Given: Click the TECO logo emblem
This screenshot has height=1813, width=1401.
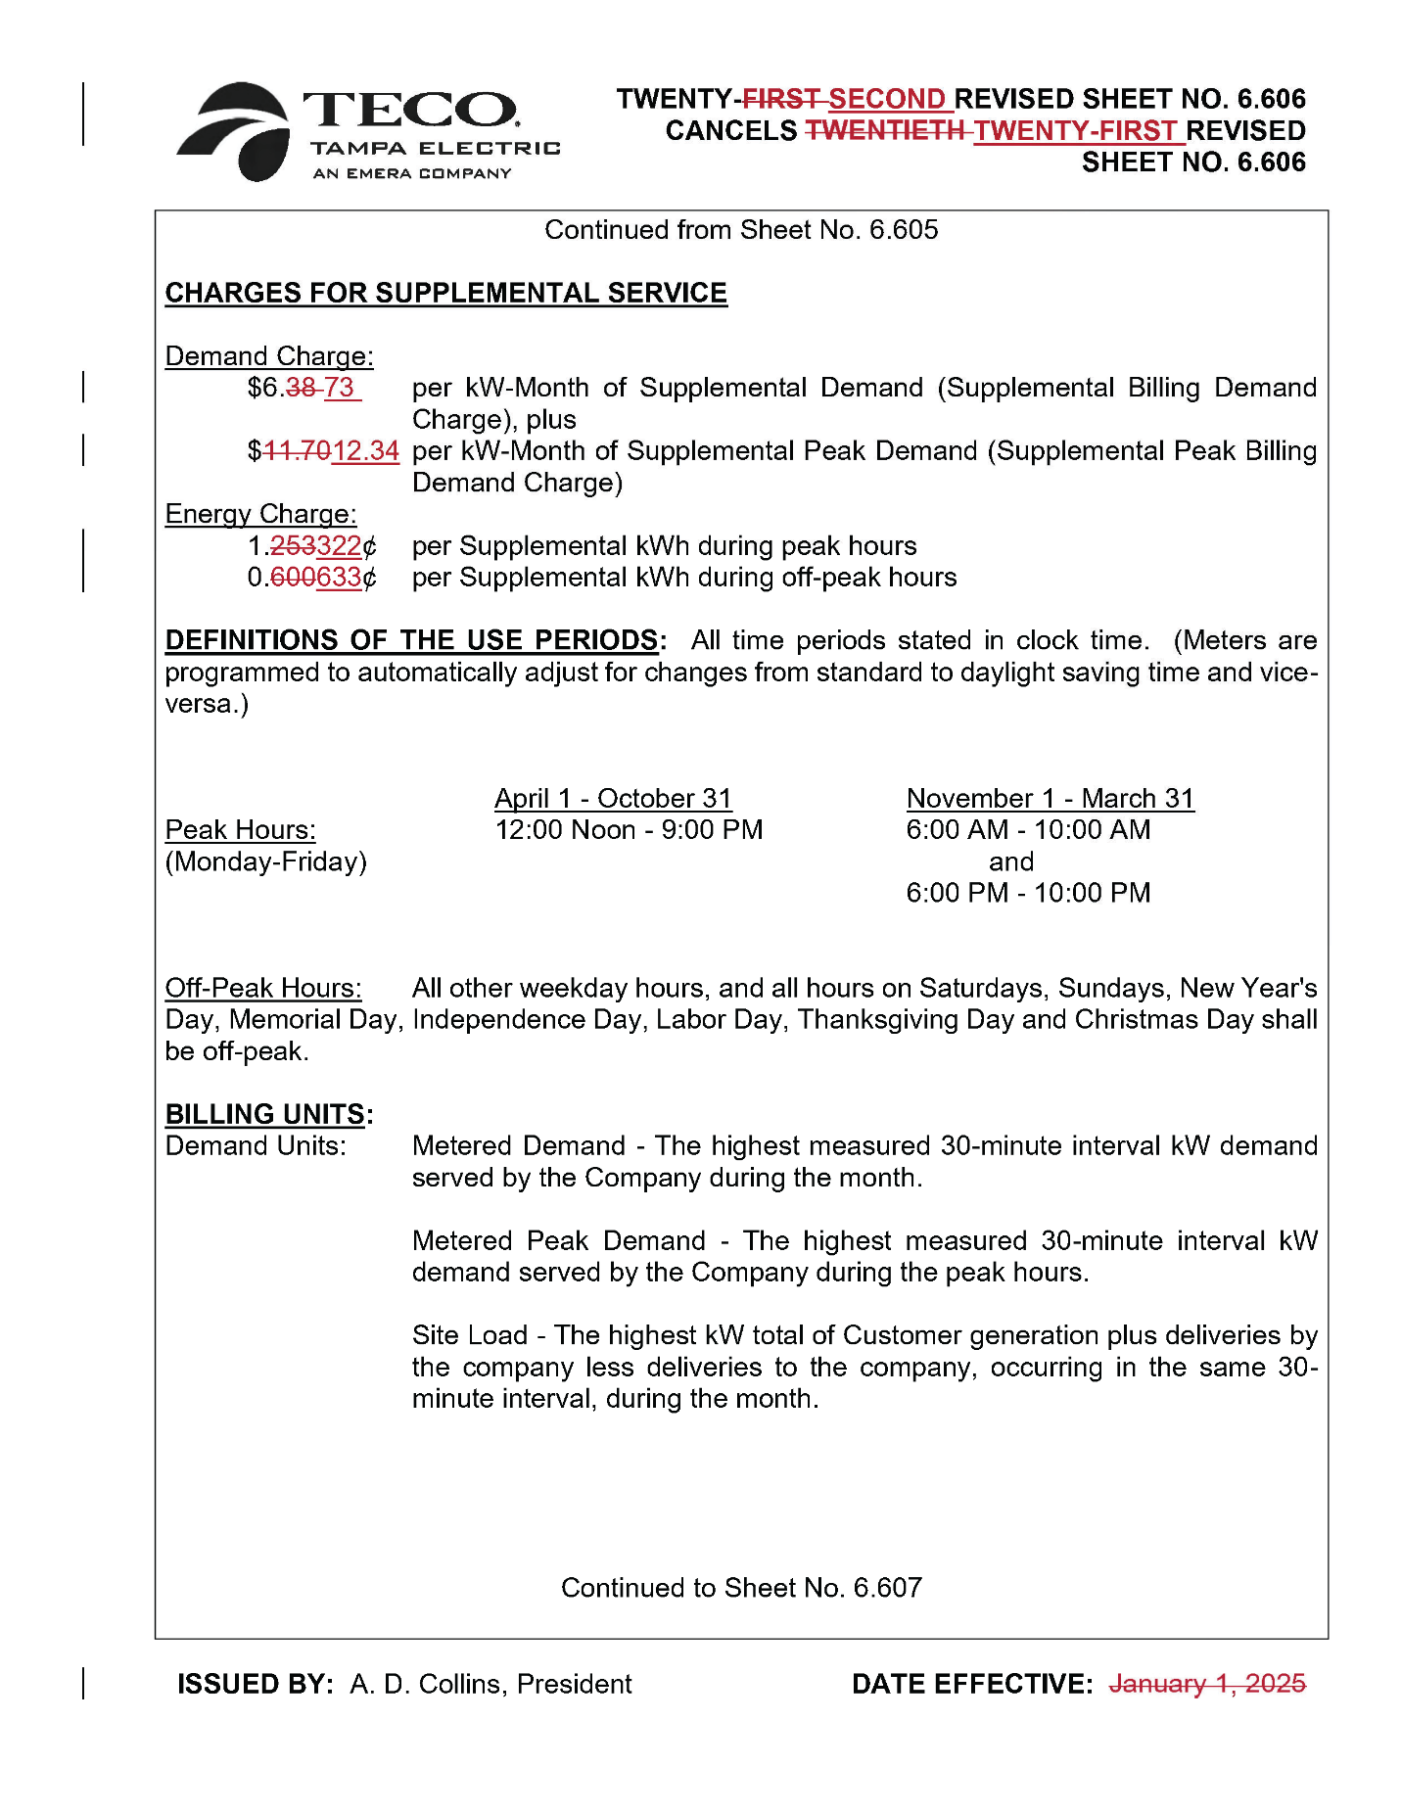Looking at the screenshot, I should tap(235, 131).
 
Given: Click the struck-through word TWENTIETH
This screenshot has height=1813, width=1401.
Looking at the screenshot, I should tap(884, 130).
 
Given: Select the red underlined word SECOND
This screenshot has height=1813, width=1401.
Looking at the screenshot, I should tap(886, 99).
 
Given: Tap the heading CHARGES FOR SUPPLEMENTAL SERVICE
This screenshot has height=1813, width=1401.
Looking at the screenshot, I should tap(445, 293).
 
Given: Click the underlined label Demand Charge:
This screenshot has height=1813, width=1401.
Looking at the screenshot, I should tap(269, 355).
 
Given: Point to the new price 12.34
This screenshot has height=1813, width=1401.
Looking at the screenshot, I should tap(365, 450).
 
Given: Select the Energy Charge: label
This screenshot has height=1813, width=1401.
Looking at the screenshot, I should tap(260, 514).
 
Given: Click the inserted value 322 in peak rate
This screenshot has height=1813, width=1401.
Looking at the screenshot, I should tap(339, 545).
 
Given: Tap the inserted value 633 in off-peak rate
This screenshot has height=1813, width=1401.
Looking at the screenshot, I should tap(339, 578).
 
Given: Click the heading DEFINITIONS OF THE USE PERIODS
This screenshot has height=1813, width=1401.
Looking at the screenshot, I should tap(411, 640).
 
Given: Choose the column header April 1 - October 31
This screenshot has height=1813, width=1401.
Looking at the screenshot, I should tap(613, 798).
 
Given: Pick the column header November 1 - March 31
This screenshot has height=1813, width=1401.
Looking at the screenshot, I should tap(1050, 798).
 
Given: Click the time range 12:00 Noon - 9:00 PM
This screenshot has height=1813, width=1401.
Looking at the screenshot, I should tap(629, 830).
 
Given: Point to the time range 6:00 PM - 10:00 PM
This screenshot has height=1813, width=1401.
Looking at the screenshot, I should tap(1028, 893).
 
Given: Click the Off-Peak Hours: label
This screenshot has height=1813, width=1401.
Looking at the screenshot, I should tap(263, 988).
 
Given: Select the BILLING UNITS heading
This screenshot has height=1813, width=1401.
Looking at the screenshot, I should tap(265, 1114).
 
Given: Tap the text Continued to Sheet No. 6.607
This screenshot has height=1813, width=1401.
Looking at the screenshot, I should tap(741, 1587).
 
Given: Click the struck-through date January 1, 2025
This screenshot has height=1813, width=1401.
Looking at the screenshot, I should tap(1207, 1684).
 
